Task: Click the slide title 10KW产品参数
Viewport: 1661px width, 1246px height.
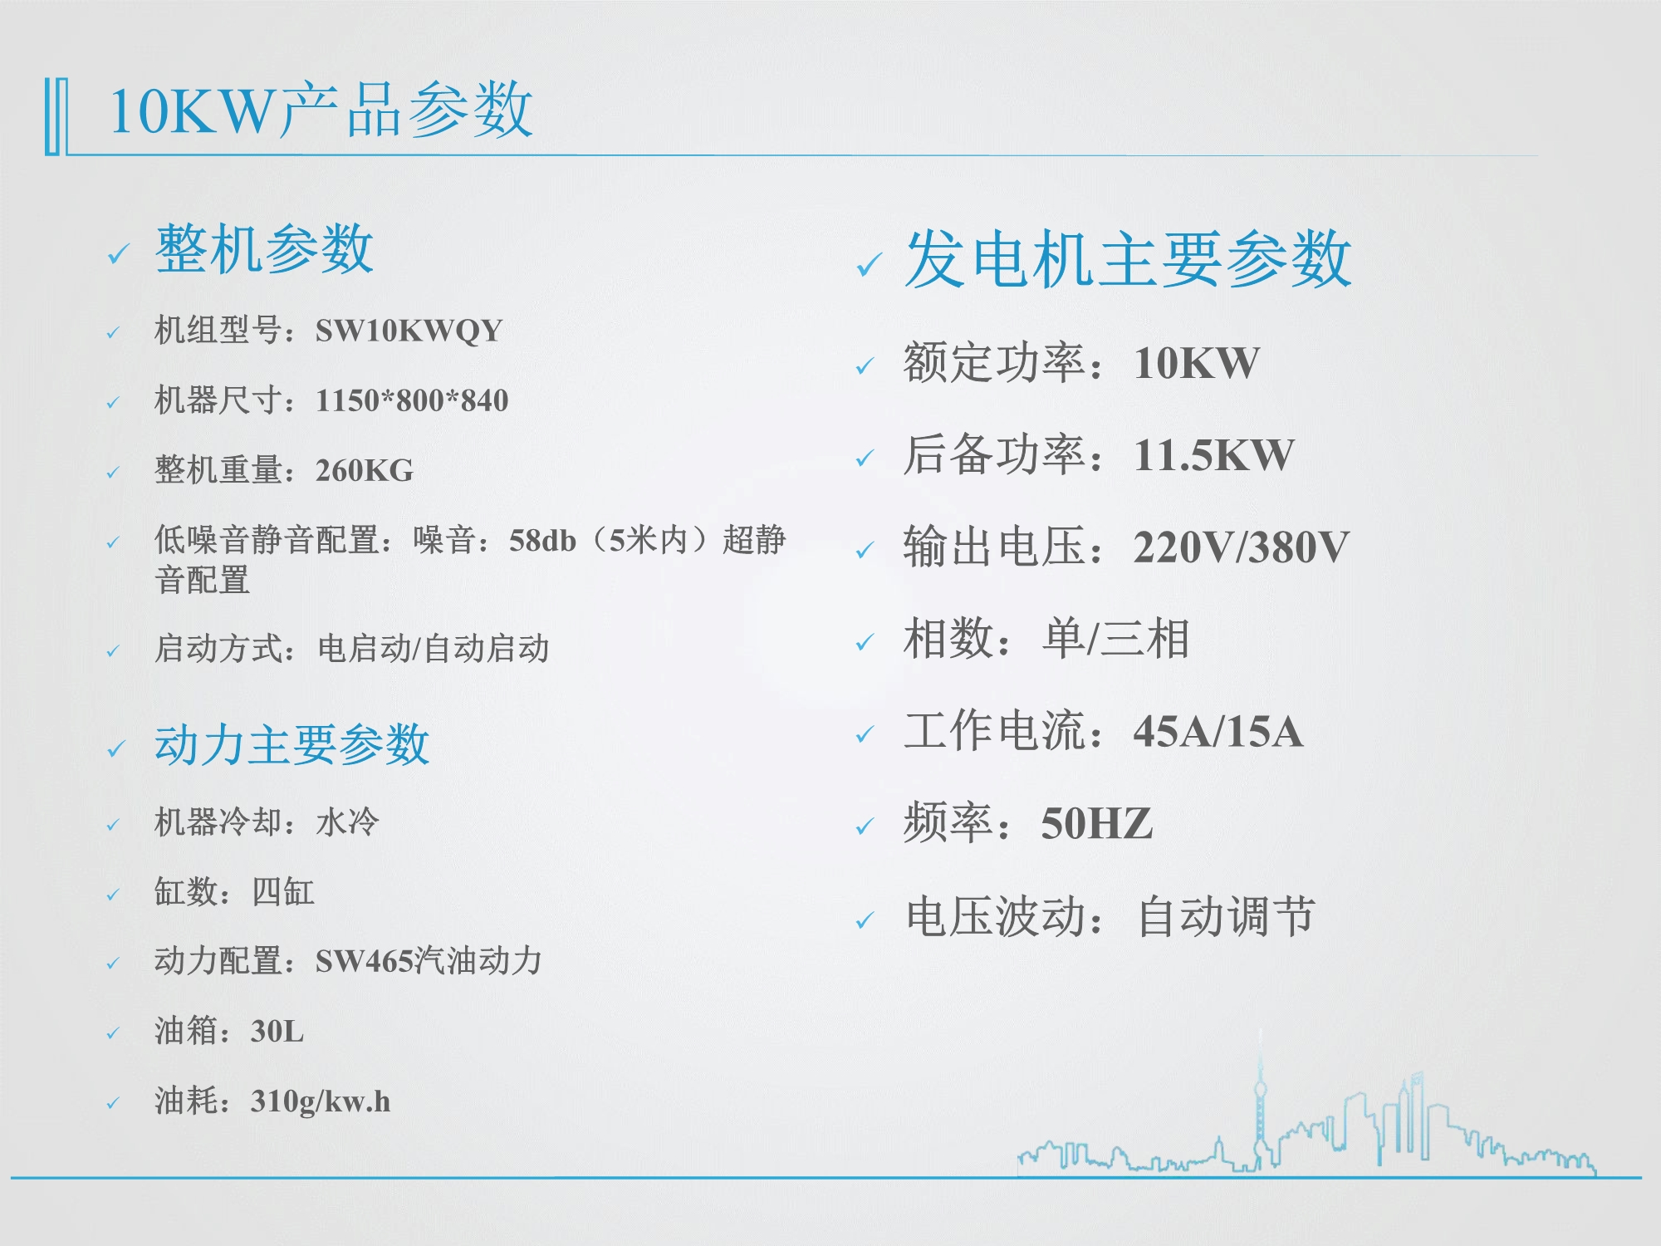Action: click(321, 110)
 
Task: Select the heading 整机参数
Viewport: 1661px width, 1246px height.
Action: click(264, 248)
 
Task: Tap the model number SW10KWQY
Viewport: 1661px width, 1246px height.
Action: click(409, 331)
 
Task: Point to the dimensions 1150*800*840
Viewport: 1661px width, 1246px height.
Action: click(412, 400)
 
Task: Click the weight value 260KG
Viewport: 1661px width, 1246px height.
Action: click(365, 470)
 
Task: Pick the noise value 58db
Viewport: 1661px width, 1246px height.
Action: click(542, 541)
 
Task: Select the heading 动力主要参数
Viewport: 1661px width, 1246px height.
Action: click(292, 743)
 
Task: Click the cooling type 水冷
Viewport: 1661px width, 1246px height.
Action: click(347, 822)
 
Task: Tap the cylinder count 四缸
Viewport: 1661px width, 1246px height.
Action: click(283, 891)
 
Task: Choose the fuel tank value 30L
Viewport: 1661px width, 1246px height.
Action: click(277, 1031)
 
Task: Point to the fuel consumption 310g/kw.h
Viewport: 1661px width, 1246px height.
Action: click(321, 1101)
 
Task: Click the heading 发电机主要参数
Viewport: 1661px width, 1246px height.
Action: click(1128, 259)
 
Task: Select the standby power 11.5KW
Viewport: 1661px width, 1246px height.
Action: click(1214, 455)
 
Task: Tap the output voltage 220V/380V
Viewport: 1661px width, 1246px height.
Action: click(1242, 547)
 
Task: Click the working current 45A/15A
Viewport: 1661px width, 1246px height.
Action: click(1218, 732)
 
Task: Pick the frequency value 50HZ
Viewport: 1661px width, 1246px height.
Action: click(1097, 824)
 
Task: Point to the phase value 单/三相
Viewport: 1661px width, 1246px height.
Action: click(1116, 639)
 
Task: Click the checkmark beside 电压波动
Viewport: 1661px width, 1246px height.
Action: click(865, 920)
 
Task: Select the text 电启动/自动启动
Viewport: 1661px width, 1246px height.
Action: click(434, 648)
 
